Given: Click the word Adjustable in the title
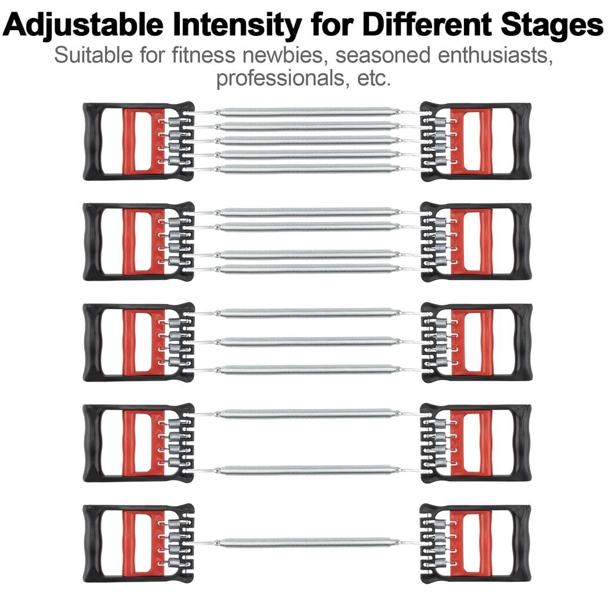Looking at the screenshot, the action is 82,26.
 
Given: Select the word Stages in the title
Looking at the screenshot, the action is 552,26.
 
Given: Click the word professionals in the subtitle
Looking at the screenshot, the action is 280,78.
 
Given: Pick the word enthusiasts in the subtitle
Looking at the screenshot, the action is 495,55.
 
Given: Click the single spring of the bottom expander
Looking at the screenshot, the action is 306,542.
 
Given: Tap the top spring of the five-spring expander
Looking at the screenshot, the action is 306,112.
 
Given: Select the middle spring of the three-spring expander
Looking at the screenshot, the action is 306,342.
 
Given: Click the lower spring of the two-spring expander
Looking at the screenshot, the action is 306,470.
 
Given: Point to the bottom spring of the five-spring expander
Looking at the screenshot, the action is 306,169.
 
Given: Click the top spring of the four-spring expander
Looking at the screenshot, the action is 306,212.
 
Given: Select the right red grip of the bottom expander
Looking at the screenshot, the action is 471,544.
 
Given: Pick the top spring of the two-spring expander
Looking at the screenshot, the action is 306,414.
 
